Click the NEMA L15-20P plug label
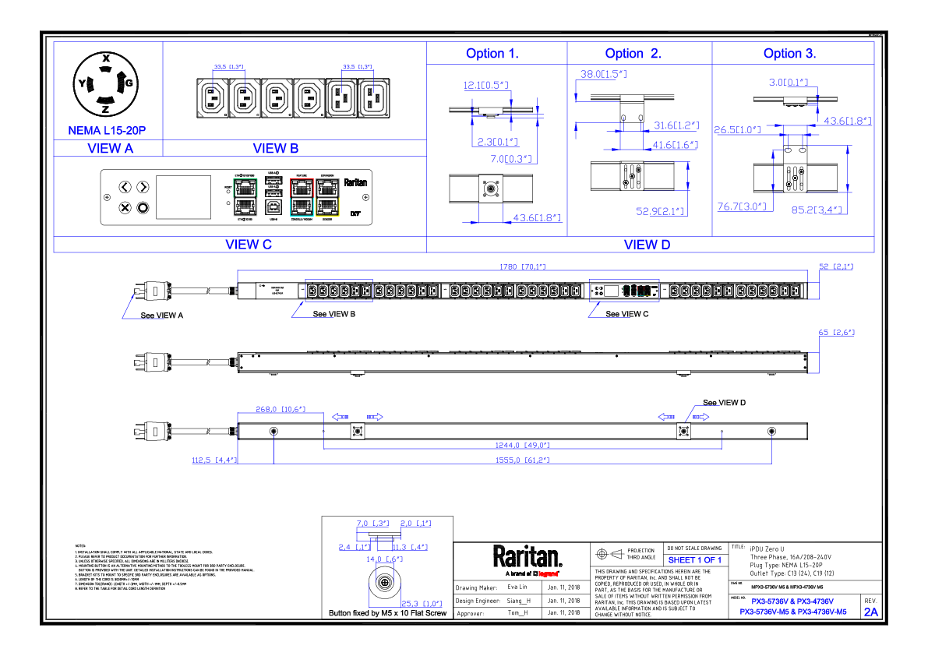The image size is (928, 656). (107, 130)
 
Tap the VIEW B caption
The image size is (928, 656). (275, 148)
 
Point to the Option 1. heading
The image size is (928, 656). (492, 54)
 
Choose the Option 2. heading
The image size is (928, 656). (633, 54)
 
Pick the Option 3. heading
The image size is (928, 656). (789, 54)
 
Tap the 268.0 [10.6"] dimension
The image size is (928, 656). (281, 408)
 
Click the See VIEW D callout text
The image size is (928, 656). (724, 403)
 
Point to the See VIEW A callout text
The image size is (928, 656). (161, 316)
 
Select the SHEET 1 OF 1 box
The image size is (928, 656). (695, 560)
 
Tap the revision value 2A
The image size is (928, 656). (870, 612)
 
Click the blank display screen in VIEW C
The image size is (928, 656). (183, 197)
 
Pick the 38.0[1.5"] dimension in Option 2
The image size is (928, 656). (604, 74)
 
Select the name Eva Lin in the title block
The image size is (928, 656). (517, 587)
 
